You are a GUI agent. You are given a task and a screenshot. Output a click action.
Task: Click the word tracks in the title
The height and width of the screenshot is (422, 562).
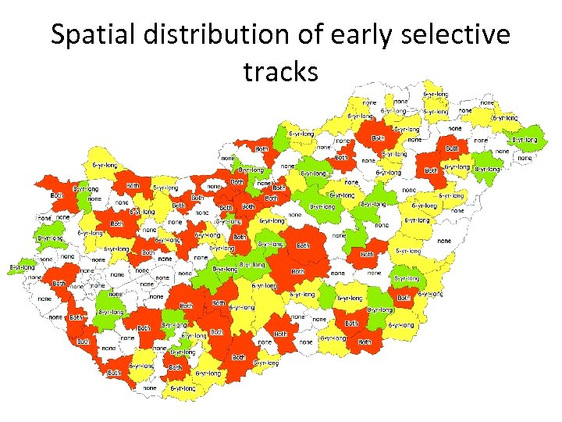tap(281, 72)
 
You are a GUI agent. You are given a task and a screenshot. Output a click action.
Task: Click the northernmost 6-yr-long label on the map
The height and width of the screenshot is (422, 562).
tap(436, 94)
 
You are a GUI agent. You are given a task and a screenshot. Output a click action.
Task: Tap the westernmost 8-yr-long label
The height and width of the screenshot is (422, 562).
tap(21, 267)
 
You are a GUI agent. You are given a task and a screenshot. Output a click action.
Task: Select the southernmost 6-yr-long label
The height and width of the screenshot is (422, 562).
tap(182, 388)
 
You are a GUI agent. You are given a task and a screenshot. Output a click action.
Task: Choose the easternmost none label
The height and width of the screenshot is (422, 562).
tap(525, 158)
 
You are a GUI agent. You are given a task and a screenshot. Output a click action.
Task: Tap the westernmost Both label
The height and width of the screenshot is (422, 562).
tap(56, 195)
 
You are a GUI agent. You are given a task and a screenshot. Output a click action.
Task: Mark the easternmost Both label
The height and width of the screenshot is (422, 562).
tap(452, 148)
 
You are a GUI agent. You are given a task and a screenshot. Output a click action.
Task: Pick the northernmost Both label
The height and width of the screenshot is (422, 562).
tap(378, 138)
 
